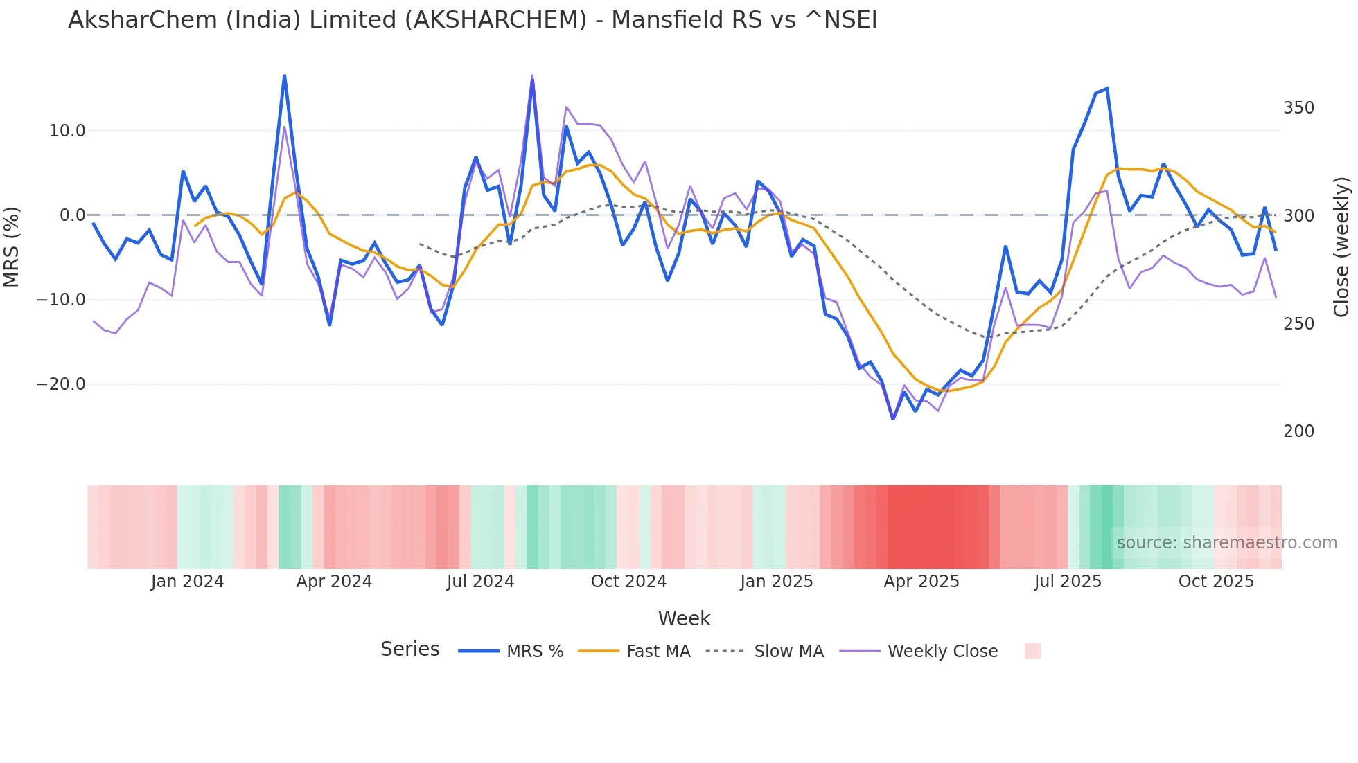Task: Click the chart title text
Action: point(473,20)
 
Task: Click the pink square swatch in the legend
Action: point(1032,651)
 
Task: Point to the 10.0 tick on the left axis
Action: point(67,131)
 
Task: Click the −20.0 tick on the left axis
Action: point(61,384)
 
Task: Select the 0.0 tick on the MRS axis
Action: point(72,215)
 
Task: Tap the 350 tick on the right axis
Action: point(1298,108)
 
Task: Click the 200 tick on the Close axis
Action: point(1298,431)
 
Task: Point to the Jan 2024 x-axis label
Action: point(187,582)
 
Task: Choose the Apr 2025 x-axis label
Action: point(921,582)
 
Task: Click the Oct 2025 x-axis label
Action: point(1216,582)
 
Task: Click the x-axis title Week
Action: point(684,618)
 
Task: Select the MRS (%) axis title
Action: point(12,246)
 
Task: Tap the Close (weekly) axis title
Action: point(1341,246)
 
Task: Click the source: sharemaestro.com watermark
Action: point(1226,543)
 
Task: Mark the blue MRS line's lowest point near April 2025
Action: point(892,418)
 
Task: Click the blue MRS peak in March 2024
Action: point(284,75)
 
